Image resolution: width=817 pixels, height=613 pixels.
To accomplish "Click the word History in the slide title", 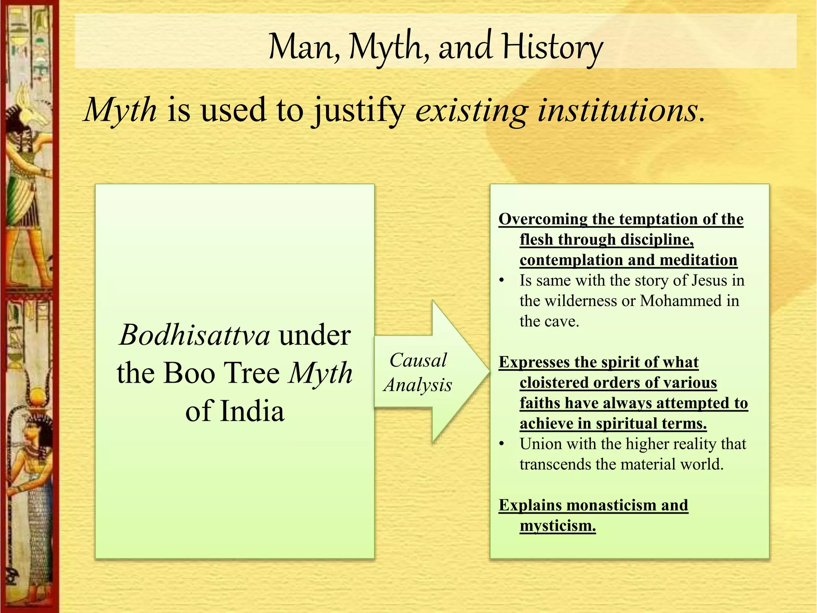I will coord(553,47).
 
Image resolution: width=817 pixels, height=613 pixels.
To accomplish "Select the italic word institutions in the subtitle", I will coord(618,110).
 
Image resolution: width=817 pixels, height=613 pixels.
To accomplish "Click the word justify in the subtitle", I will coord(359,111).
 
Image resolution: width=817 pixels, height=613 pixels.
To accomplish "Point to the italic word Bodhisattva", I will coord(195,335).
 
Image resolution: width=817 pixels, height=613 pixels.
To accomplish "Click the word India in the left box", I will coord(252,411).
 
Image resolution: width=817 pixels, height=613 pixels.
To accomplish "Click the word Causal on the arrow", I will coord(418,360).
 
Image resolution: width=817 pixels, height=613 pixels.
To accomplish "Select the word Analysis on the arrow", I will coord(418,385).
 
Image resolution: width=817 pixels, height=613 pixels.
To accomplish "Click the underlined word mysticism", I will coord(558,526).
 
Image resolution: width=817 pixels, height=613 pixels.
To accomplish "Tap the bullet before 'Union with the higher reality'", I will coord(502,444).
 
